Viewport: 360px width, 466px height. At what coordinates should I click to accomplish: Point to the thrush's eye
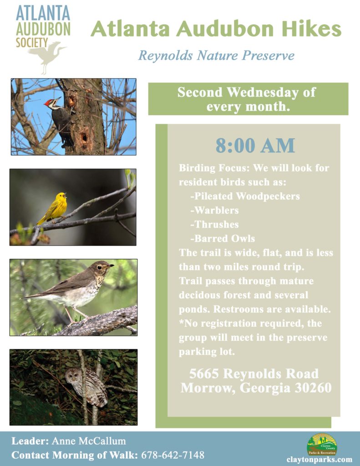(x=99, y=267)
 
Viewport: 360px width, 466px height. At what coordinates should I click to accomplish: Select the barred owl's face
(x=73, y=375)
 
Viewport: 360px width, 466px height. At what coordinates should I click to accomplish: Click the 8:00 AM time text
(x=255, y=146)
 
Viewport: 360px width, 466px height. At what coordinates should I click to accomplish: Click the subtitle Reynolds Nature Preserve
(x=217, y=56)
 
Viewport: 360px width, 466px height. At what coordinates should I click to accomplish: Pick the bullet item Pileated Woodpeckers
(x=245, y=196)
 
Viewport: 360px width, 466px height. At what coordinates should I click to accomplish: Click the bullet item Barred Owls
(x=223, y=238)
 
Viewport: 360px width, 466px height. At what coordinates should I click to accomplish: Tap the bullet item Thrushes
(x=215, y=224)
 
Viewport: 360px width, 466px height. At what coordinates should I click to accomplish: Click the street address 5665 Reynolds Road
(x=254, y=374)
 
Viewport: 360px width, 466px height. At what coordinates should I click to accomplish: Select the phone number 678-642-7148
(x=172, y=455)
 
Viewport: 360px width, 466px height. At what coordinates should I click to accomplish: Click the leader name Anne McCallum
(x=89, y=441)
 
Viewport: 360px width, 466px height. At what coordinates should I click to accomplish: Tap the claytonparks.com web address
(x=319, y=460)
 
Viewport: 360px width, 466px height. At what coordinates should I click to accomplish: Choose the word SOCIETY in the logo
(x=32, y=42)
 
